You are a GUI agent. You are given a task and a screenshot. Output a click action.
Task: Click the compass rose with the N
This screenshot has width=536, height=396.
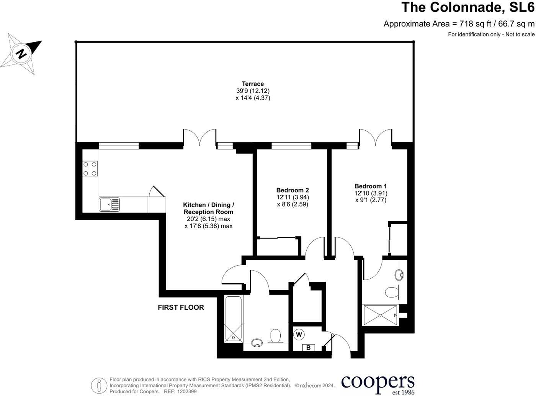pos(21,53)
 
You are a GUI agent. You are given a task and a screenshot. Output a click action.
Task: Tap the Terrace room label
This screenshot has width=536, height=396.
pos(253,84)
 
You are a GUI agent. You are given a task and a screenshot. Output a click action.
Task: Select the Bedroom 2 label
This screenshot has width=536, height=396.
pos(293,190)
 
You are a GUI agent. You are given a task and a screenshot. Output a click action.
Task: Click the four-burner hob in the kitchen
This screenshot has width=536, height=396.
pos(90,169)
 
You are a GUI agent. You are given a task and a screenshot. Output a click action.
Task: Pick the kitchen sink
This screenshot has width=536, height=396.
pos(109,204)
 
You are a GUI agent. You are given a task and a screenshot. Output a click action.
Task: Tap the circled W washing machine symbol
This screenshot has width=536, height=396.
pos(299,335)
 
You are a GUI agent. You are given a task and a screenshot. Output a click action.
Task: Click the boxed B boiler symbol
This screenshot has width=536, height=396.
pos(309,348)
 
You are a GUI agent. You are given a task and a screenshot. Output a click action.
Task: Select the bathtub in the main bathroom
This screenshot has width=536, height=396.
pos(233,319)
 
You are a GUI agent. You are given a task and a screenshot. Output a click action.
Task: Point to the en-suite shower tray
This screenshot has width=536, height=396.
pos(381,315)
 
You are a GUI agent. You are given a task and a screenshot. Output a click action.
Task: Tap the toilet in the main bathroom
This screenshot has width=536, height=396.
pos(275,336)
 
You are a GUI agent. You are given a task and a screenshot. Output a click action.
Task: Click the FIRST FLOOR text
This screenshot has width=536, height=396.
pos(181,307)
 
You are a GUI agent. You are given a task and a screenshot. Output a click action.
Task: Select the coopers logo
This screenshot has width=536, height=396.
pos(377,384)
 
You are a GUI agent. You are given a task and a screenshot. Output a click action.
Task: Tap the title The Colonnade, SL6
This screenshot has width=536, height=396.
pos(467,7)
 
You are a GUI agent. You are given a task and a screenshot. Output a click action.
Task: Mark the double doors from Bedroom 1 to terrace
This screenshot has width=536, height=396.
pos(375,137)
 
